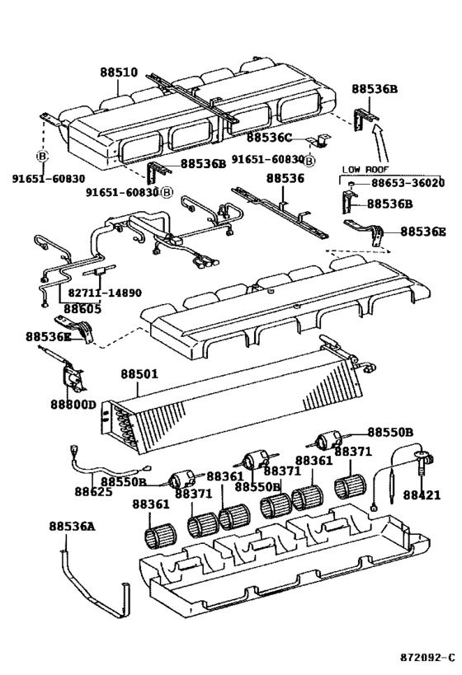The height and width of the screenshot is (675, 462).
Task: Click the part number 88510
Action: pos(119,73)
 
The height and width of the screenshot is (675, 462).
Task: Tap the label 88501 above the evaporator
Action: pos(139,373)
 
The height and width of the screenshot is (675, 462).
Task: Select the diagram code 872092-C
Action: pos(427,658)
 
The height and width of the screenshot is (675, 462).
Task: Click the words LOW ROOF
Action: pos(365,170)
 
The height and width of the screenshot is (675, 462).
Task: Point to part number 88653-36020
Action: pos(408,182)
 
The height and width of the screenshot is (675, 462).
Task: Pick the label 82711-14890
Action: pos(104,293)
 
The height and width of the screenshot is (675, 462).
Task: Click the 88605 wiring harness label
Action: pos(82,309)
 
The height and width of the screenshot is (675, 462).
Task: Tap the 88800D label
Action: pos(73,405)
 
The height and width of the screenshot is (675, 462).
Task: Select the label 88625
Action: pos(93,491)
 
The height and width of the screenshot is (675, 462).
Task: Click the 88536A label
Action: pos(72,526)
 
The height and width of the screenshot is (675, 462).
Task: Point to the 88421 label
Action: pos(422,495)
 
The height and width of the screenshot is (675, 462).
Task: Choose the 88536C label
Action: pos(269,138)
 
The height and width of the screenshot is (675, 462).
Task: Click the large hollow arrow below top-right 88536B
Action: pos(382,144)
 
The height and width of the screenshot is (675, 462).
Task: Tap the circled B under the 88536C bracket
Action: pos(309,161)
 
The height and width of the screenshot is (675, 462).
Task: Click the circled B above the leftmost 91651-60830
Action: pos(42,157)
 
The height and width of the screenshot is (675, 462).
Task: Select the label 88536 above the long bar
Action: pos(285,178)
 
